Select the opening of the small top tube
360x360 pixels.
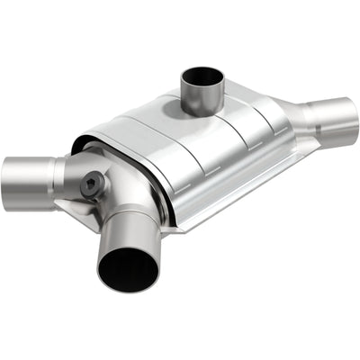[x=203, y=79]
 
